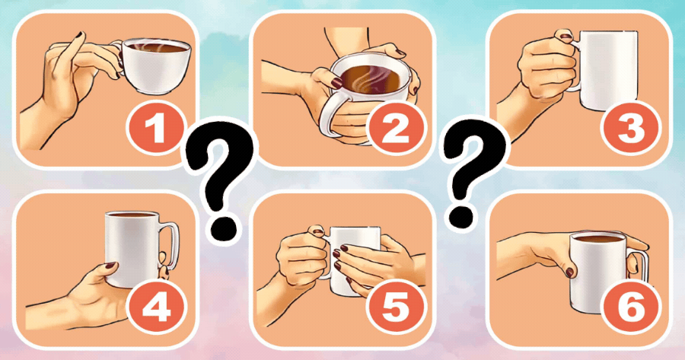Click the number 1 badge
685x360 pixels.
pos(155,127)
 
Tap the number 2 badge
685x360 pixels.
pos(396,127)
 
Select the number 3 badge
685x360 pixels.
pos(631,127)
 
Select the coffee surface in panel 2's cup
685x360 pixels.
pos(371,80)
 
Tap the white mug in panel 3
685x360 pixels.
pos(605,70)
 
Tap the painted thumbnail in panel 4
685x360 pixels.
pos(110,265)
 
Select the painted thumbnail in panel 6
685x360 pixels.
pos(569,272)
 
